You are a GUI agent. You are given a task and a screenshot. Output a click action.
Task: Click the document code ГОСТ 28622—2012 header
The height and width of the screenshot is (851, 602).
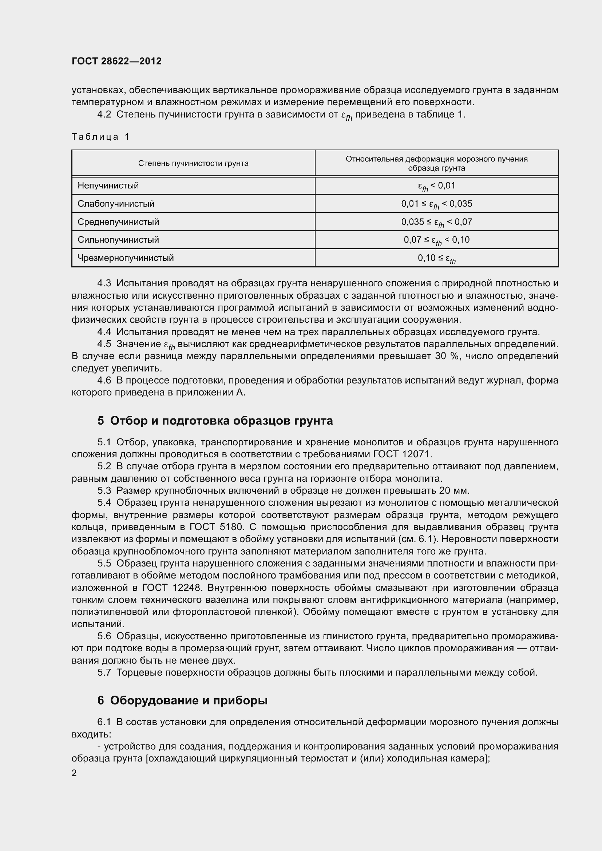pos(116,61)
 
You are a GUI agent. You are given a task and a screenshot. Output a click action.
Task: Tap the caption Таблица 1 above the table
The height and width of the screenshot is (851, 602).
pos(100,137)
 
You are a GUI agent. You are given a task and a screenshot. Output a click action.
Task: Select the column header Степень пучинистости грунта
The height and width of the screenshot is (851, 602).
pos(193,163)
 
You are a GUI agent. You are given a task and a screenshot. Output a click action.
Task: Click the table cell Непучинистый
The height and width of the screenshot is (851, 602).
pos(108,185)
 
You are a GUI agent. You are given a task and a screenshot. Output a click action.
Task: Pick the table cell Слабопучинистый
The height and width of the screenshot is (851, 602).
pos(116,203)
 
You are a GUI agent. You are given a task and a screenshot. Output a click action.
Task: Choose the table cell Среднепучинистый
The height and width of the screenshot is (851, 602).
pos(118,222)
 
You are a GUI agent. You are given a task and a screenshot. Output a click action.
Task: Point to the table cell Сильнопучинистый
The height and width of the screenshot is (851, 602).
pos(118,240)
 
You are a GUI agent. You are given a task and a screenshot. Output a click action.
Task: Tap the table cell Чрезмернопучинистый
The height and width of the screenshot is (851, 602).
pos(125,258)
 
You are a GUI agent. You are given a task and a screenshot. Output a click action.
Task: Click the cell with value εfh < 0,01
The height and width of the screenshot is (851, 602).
pos(436,186)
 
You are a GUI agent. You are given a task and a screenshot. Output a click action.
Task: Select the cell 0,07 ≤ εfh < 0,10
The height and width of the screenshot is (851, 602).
pos(436,240)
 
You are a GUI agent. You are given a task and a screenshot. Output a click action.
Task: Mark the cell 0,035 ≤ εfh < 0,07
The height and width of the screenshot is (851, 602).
pos(436,222)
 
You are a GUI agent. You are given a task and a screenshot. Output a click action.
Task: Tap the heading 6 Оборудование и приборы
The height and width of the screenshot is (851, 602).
pos(182,700)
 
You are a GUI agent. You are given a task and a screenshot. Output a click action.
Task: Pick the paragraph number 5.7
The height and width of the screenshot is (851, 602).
pos(104,672)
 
